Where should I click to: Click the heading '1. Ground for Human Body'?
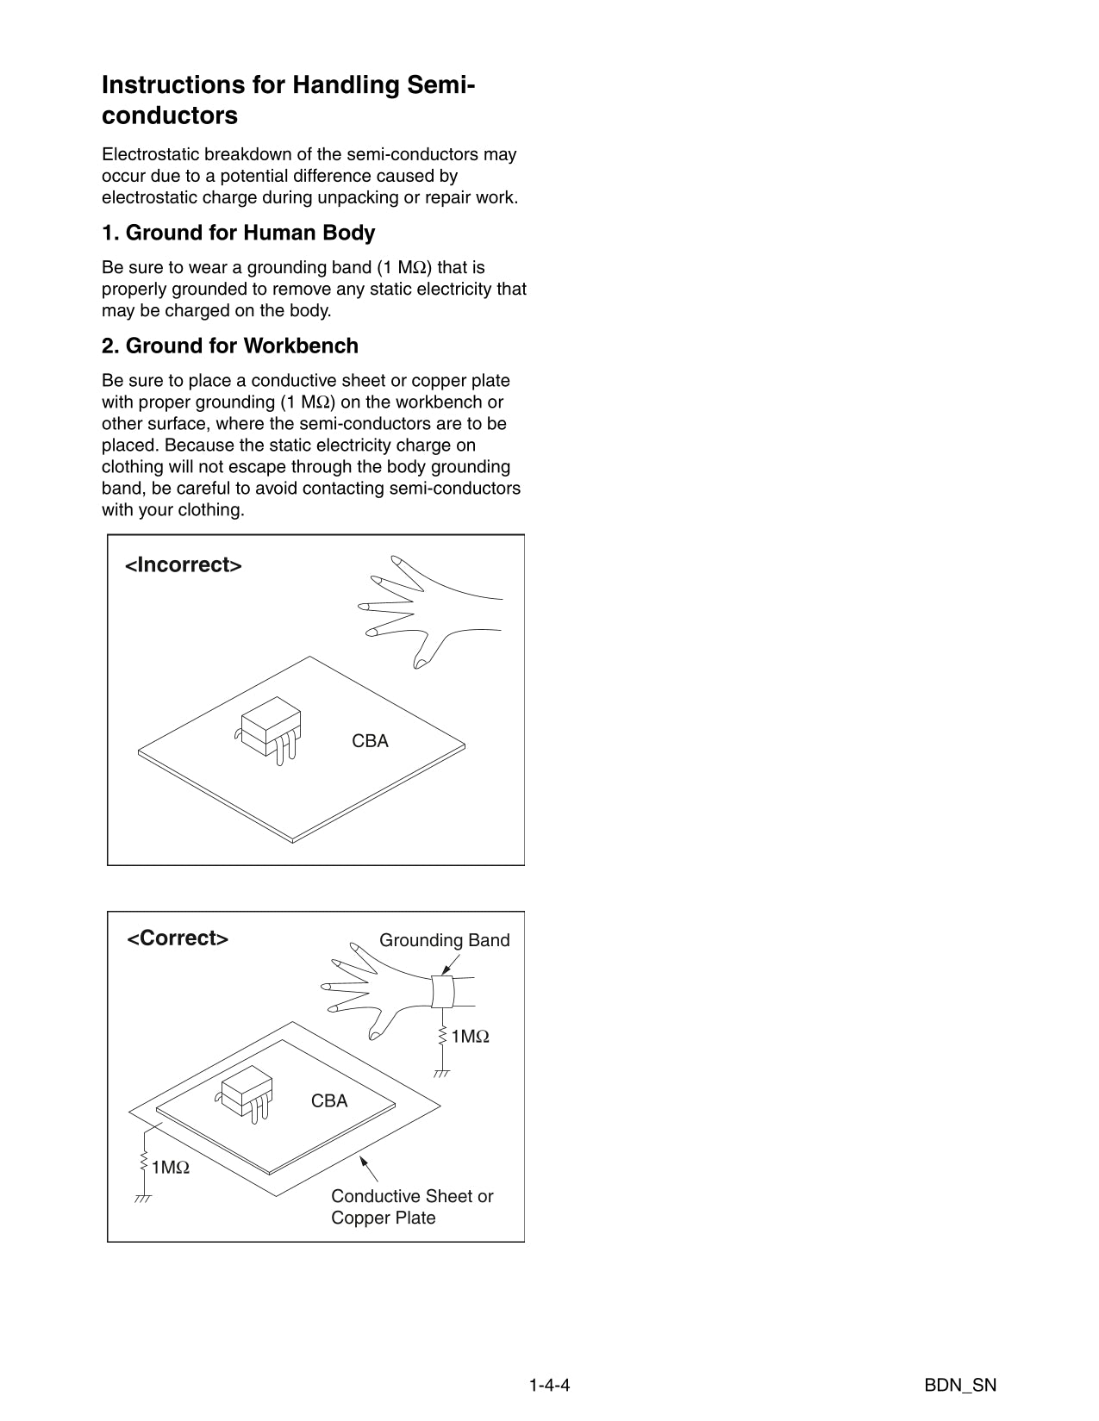238,233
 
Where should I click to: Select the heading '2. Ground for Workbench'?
229,346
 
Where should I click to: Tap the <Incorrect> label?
184,565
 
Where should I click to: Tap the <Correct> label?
178,938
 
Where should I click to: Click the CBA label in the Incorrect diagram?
370,741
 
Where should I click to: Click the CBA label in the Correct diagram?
329,1101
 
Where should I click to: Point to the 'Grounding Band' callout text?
444,940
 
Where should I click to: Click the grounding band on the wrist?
442,991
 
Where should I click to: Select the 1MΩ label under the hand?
470,1037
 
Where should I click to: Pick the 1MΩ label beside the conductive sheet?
170,1168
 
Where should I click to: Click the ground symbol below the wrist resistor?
442,1074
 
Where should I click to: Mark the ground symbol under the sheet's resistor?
143,1199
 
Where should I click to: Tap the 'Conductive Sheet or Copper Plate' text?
411,1207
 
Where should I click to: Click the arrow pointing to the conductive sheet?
369,1169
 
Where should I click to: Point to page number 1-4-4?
550,1386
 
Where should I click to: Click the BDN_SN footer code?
960,1386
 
